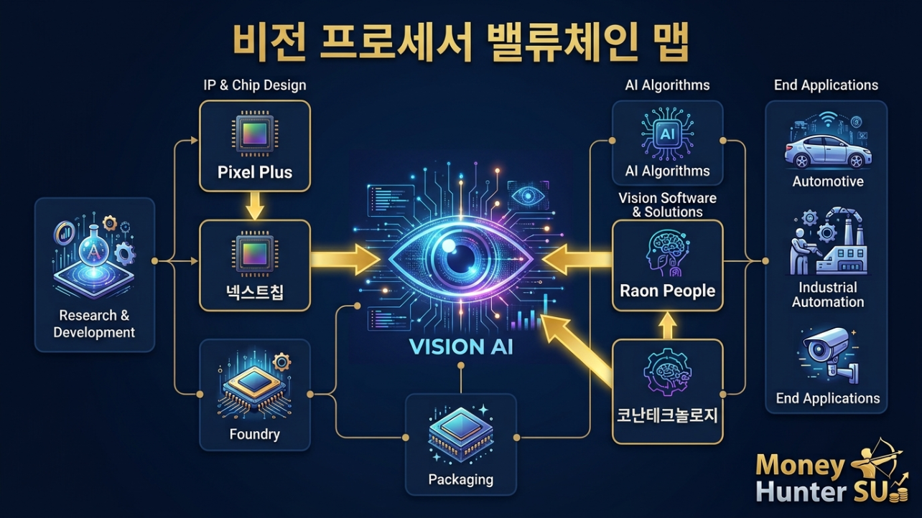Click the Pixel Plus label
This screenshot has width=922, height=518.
(255, 172)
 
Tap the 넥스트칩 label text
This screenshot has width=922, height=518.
(255, 292)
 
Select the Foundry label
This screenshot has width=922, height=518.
(255, 434)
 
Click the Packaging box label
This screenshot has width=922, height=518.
(460, 479)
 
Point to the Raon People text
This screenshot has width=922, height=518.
(667, 291)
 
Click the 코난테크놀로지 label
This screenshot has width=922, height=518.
(667, 415)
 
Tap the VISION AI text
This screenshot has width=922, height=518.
(461, 346)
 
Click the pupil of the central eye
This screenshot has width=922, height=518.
(460, 258)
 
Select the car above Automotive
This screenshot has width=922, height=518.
(828, 152)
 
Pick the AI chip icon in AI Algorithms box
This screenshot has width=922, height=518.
(667, 134)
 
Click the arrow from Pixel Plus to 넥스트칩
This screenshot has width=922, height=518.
(255, 206)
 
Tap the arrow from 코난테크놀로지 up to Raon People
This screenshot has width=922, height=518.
(667, 326)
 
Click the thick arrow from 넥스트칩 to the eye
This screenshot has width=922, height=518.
(345, 259)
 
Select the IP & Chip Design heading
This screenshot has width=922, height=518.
(255, 85)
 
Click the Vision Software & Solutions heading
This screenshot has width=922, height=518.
(667, 204)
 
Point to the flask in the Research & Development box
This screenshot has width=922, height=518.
(94, 247)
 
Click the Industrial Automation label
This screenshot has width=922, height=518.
(828, 294)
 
